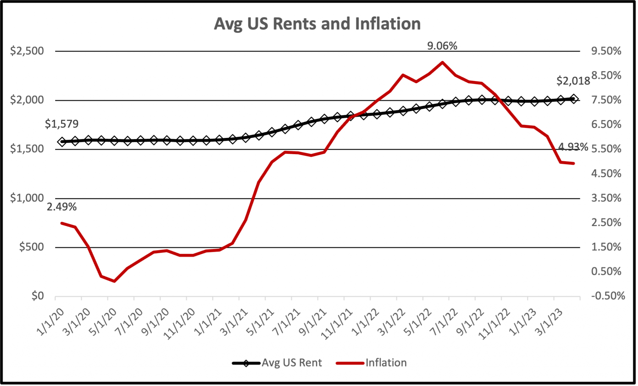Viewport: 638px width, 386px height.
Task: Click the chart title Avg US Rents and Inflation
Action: (x=317, y=24)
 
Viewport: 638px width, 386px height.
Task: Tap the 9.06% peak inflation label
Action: (x=442, y=46)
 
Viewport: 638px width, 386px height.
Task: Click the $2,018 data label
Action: (x=573, y=81)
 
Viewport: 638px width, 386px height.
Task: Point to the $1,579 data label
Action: (x=62, y=124)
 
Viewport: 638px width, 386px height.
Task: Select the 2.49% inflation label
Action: (x=62, y=207)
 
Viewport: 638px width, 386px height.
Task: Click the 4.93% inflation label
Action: (x=573, y=147)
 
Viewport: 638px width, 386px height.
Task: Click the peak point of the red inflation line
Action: (x=442, y=62)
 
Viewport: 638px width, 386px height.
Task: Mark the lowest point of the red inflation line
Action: (x=114, y=281)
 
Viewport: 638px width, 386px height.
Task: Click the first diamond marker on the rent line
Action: (x=62, y=142)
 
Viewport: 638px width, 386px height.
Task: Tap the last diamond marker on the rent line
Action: (x=574, y=99)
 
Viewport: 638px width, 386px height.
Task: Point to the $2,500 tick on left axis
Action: (x=27, y=51)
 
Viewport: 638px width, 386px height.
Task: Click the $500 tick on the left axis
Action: (x=31, y=247)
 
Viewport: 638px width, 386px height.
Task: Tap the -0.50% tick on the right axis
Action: (x=608, y=296)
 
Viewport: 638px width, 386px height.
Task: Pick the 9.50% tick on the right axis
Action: (x=606, y=51)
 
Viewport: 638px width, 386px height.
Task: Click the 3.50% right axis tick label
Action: (x=606, y=198)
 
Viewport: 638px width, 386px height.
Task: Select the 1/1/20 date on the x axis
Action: (x=50, y=322)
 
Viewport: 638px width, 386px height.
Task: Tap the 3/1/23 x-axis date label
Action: (x=550, y=322)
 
